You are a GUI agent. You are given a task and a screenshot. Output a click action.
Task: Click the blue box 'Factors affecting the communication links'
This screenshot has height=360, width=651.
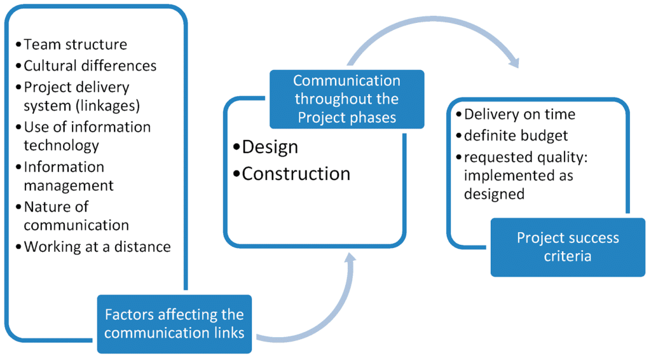point(174,324)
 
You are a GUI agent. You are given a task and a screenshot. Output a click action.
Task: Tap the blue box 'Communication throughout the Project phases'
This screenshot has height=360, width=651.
point(347,99)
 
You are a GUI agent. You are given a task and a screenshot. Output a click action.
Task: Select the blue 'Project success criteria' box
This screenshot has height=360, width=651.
point(568,247)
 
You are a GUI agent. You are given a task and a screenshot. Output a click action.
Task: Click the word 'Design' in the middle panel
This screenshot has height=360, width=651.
point(270,148)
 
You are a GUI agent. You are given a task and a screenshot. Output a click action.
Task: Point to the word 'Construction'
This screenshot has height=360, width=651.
point(296,174)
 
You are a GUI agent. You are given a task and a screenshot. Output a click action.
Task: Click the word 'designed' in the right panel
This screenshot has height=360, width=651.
point(494,194)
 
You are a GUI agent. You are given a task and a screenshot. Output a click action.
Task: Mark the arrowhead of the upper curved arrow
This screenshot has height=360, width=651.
point(514,62)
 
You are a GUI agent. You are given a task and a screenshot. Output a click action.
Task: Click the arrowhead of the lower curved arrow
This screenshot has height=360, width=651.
point(350,258)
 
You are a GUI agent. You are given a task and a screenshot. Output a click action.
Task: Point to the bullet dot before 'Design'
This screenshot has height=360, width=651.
point(236,147)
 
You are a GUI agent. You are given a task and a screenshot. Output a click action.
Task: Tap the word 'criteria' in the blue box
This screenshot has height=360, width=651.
point(568,256)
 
